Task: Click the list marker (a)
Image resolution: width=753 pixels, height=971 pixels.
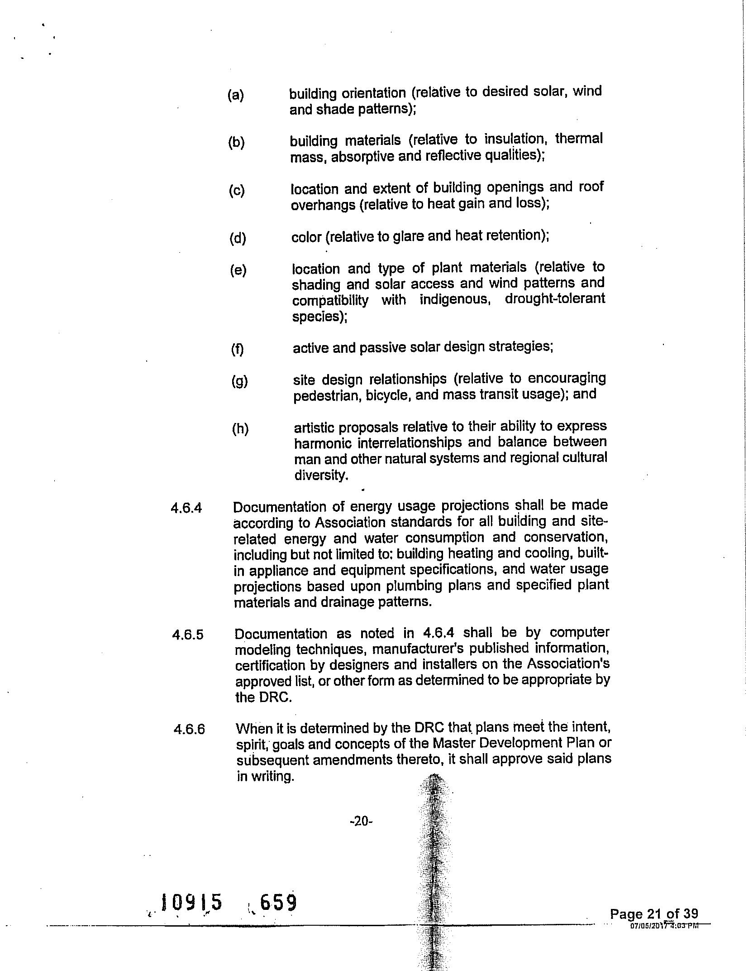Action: click(x=235, y=95)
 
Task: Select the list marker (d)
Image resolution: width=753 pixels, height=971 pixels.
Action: click(x=238, y=238)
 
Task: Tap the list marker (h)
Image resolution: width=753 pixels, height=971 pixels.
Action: click(x=240, y=428)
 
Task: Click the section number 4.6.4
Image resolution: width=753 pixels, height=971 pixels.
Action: click(x=186, y=508)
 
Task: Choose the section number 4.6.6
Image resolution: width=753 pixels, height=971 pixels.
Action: click(x=189, y=730)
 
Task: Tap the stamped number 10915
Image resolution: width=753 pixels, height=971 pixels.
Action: click(x=192, y=902)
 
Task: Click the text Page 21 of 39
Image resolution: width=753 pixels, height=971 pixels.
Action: click(x=653, y=913)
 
